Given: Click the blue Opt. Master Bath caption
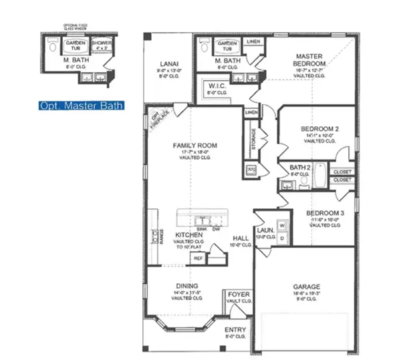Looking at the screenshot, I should coord(80,106).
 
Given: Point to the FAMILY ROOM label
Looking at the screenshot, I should coord(194,145).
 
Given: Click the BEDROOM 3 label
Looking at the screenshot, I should coord(325,214).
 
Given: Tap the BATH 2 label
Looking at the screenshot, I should coord(300,166).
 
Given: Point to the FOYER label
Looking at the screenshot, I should coord(239,294).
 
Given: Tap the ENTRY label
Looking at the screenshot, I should coord(235,330).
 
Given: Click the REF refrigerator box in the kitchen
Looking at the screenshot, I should coord(198,256).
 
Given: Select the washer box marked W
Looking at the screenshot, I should coord(282,224).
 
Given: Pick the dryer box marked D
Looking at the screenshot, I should coord(282,236).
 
